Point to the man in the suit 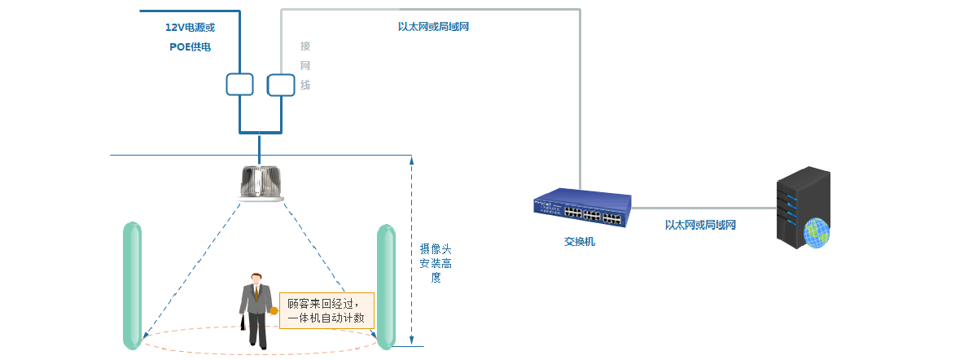click(256, 310)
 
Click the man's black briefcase click(243, 323)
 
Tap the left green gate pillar click(132, 284)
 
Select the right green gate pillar click(386, 286)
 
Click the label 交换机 click(580, 242)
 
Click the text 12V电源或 click(190, 27)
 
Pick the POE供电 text click(190, 47)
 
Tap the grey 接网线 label click(305, 65)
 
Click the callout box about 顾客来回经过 click(326, 310)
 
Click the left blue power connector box click(240, 83)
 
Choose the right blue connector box click(280, 83)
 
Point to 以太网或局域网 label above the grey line click(433, 27)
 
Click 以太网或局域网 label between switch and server click(700, 225)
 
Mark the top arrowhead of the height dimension click(412, 159)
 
